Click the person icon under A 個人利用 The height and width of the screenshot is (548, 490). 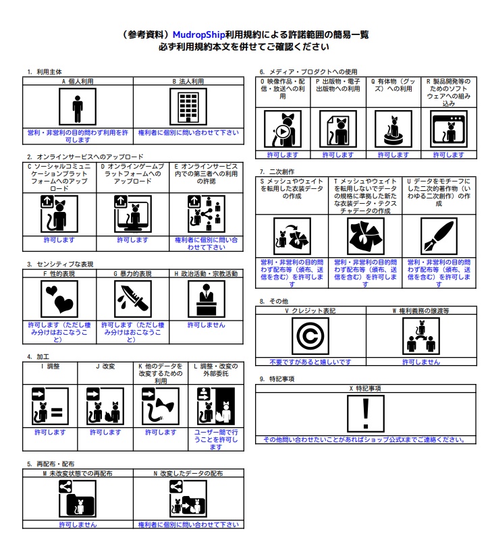tap(78, 107)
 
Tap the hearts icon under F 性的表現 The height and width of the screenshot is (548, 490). tap(59, 299)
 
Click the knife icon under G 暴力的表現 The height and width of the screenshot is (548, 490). tap(133, 299)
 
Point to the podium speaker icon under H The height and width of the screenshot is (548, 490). tap(205, 299)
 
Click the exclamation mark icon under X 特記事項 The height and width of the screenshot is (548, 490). tap(365, 414)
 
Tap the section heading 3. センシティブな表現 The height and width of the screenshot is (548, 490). tap(60, 264)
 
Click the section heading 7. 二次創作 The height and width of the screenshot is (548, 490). tap(279, 172)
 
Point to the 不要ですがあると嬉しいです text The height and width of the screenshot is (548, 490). tap(310, 362)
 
